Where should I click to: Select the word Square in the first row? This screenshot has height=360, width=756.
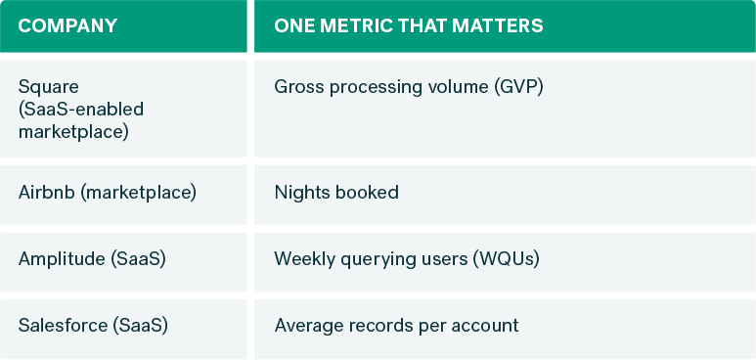click(x=45, y=87)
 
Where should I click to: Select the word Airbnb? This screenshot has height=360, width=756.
click(x=46, y=192)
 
